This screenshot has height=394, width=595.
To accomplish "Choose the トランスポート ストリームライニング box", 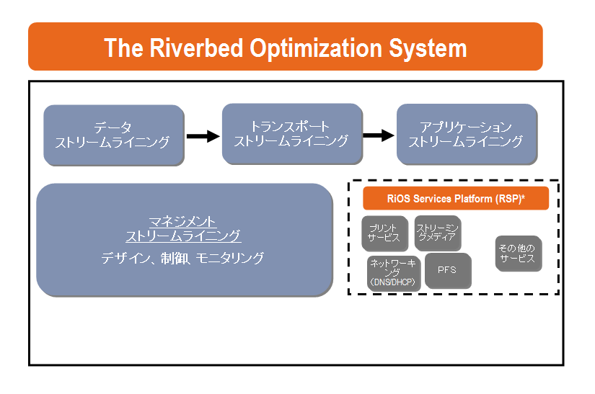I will click(291, 134).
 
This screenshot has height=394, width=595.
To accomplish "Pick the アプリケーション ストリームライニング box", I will click(466, 135).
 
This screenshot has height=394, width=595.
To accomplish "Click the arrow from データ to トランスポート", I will click(203, 135).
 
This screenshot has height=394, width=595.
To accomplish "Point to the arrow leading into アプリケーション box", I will click(379, 135).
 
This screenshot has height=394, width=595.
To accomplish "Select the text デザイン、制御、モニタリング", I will click(183, 258).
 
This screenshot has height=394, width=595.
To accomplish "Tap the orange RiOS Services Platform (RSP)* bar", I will click(455, 198).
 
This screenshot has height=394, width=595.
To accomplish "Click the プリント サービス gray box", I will click(384, 233).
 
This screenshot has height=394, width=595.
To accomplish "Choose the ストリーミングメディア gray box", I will click(438, 233).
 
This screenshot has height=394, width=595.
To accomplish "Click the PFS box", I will click(447, 271).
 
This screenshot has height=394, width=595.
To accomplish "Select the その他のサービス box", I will click(518, 254).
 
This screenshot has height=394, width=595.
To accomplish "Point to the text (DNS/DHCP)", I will click(394, 282).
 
